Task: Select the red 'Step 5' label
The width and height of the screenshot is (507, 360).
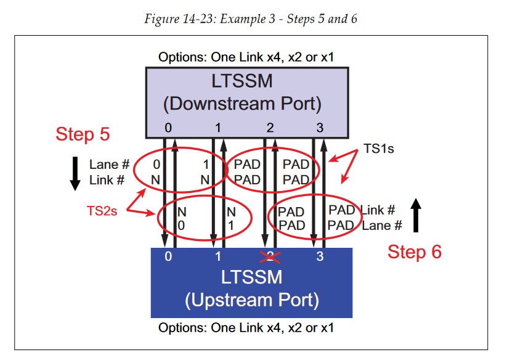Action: pyautogui.click(x=83, y=134)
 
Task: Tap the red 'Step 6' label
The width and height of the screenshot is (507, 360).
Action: pyautogui.click(x=414, y=252)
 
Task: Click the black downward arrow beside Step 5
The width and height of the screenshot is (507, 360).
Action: pyautogui.click(x=75, y=173)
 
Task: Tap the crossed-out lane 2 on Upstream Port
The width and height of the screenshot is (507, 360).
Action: pyautogui.click(x=269, y=256)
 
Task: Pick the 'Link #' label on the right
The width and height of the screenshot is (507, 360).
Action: pyautogui.click(x=378, y=210)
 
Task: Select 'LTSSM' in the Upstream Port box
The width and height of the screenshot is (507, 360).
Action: pyautogui.click(x=251, y=277)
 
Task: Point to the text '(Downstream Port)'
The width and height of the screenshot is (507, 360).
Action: pyautogui.click(x=241, y=103)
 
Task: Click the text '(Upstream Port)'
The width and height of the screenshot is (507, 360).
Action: pyautogui.click(x=251, y=300)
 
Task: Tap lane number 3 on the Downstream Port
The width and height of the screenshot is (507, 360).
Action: pyautogui.click(x=318, y=128)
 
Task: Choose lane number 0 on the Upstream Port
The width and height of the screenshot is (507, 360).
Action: pyautogui.click(x=168, y=256)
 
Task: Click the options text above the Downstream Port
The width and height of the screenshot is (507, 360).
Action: pyautogui.click(x=241, y=57)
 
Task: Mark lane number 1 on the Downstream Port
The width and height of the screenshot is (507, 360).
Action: pyautogui.click(x=218, y=128)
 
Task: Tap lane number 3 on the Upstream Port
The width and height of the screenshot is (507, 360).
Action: pyautogui.click(x=320, y=256)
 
